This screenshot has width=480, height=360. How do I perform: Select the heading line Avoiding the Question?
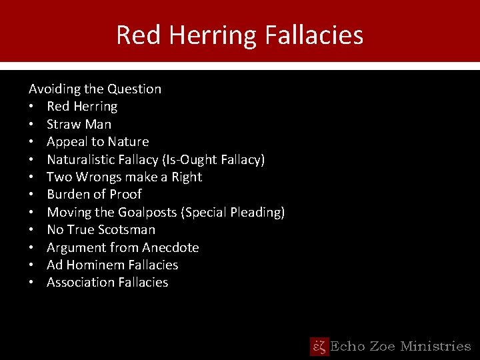click(x=95, y=89)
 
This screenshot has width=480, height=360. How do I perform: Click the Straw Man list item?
click(x=79, y=124)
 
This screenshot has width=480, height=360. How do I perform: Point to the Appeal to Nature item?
click(x=97, y=141)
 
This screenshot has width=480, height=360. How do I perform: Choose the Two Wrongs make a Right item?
click(x=124, y=177)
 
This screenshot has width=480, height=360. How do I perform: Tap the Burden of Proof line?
click(x=94, y=194)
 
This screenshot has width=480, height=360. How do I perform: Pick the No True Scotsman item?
click(x=101, y=229)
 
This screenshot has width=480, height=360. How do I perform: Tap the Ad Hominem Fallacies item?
click(x=112, y=265)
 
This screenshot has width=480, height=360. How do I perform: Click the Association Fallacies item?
click(x=107, y=282)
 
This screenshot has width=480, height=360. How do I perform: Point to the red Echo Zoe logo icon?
click(x=319, y=346)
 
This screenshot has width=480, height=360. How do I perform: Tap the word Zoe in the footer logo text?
click(x=381, y=346)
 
